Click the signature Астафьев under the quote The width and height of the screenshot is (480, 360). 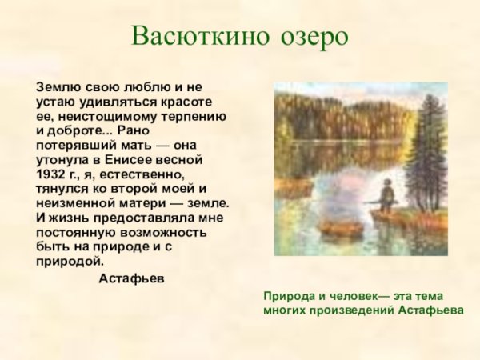[131, 278]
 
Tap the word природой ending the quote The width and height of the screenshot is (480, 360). [70, 261]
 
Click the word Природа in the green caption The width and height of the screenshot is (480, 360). [290, 295]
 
